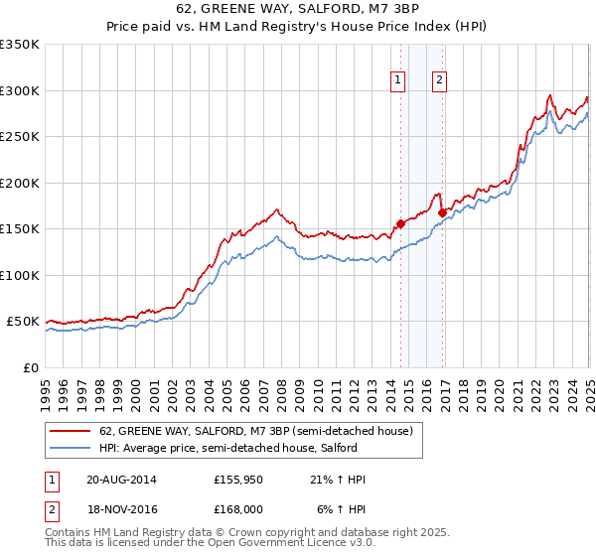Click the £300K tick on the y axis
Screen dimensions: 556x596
[x=20, y=90]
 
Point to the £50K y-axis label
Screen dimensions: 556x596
[x=23, y=322]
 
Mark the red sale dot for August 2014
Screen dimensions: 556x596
[x=401, y=223]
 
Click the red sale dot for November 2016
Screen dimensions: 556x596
[x=442, y=212]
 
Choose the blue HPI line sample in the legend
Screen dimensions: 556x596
[x=73, y=448]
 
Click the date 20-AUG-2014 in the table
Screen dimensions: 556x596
[x=120, y=480]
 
